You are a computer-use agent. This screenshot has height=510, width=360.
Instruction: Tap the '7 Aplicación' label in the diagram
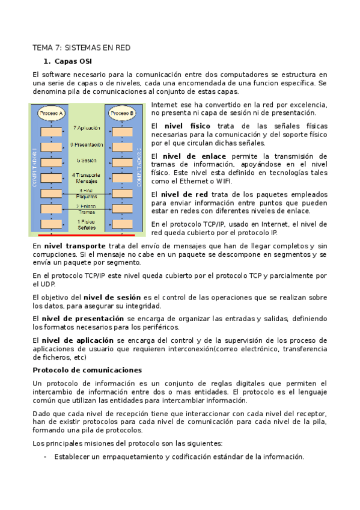[87, 128]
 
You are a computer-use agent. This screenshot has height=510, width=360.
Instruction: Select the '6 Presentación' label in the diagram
[87, 145]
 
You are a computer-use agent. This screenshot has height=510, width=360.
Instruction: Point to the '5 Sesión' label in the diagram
[87, 161]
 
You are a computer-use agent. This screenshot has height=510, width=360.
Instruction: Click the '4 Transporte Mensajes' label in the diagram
[87, 178]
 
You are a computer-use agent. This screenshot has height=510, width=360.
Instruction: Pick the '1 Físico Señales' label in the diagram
[87, 224]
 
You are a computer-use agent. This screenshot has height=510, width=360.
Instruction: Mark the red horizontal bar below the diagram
[87, 235]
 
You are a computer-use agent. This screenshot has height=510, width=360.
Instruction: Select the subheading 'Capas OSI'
[73, 61]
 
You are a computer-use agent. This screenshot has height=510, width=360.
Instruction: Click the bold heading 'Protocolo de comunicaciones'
[87, 370]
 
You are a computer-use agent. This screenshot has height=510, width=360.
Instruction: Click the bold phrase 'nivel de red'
[186, 194]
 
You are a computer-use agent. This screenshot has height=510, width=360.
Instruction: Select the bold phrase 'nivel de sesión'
[112, 297]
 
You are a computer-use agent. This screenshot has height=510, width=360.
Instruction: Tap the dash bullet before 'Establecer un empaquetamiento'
[46, 456]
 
